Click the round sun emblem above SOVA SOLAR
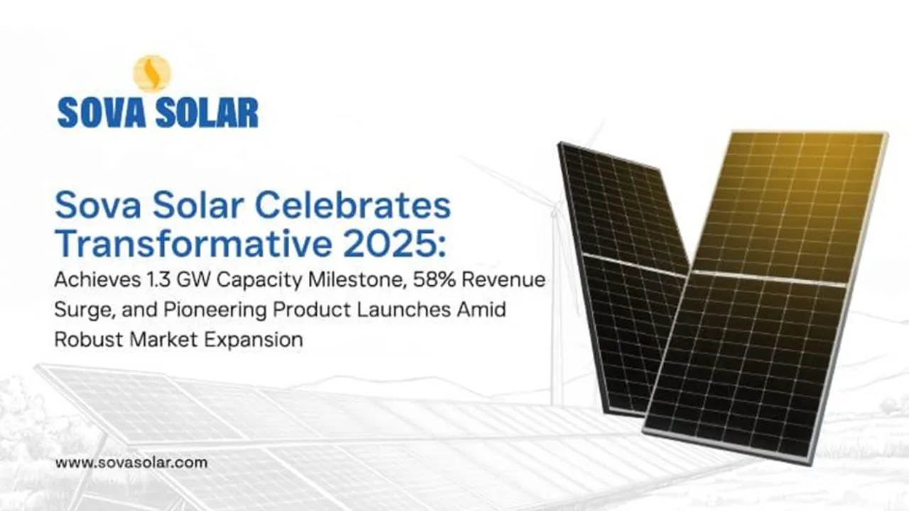tap(152, 74)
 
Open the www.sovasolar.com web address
tap(131, 463)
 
